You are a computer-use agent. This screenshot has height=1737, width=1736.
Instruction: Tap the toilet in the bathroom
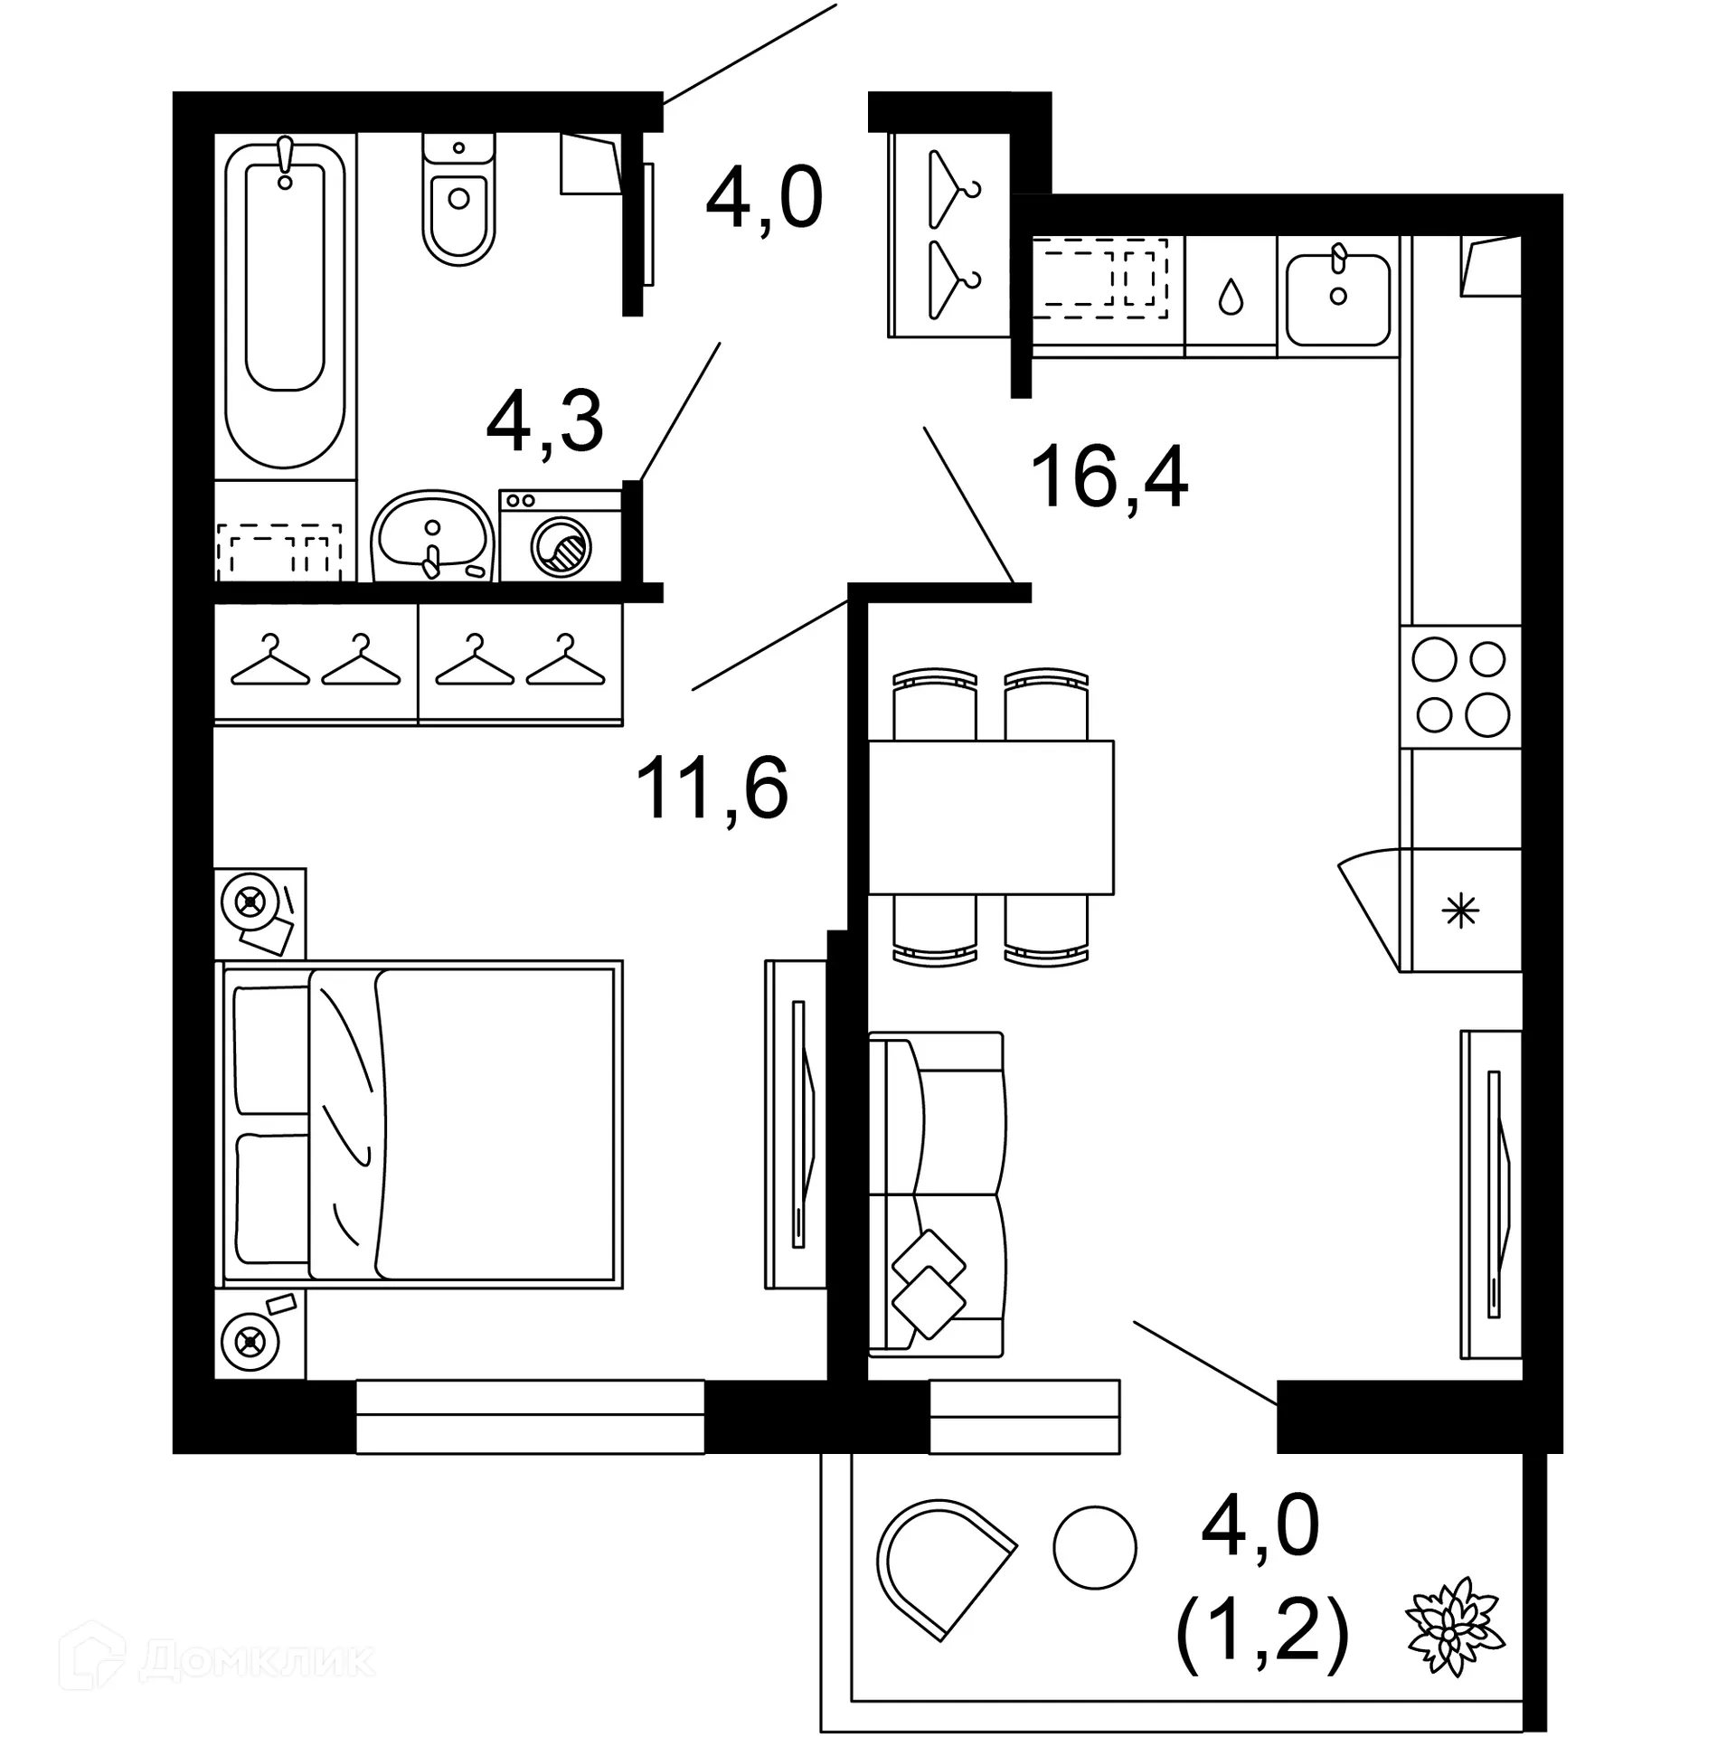(x=458, y=203)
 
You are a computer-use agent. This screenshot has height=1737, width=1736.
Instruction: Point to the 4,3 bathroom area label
(x=544, y=423)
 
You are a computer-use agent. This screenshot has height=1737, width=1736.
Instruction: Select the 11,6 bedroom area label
(x=712, y=789)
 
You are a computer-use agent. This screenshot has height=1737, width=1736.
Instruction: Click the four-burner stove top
(x=1461, y=687)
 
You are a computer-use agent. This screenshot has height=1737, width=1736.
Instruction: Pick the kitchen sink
(x=1338, y=298)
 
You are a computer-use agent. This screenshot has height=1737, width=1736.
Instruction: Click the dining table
(x=990, y=817)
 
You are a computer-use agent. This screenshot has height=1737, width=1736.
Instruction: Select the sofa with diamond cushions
(x=936, y=1194)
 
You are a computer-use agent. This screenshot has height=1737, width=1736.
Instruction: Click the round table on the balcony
(x=1094, y=1547)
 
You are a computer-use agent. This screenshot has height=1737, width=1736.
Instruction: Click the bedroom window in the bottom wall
(x=530, y=1416)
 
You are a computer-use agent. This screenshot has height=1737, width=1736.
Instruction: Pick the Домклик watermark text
(x=258, y=1658)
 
